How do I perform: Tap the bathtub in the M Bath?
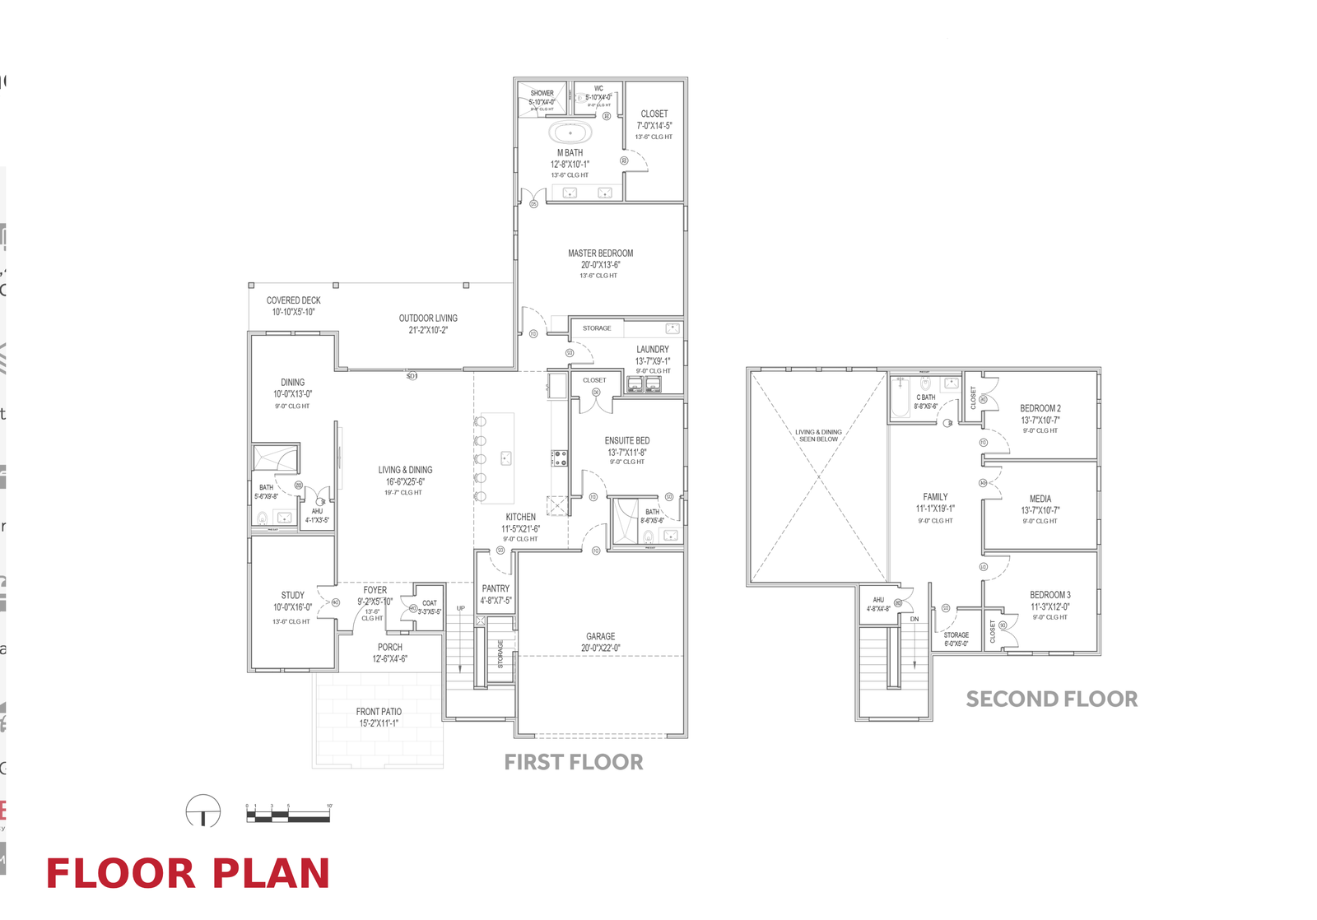pyautogui.click(x=570, y=132)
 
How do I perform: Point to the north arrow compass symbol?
pyautogui.click(x=203, y=811)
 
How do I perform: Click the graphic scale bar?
pyautogui.click(x=288, y=815)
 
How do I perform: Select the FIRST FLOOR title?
pyautogui.click(x=574, y=762)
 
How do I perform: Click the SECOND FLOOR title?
pyautogui.click(x=1051, y=699)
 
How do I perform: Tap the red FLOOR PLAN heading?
pyautogui.click(x=188, y=874)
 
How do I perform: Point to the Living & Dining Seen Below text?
pyautogui.click(x=818, y=435)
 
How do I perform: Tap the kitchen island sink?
pyautogui.click(x=506, y=458)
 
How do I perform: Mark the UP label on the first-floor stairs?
pyautogui.click(x=461, y=608)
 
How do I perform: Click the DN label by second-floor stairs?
pyautogui.click(x=914, y=619)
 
